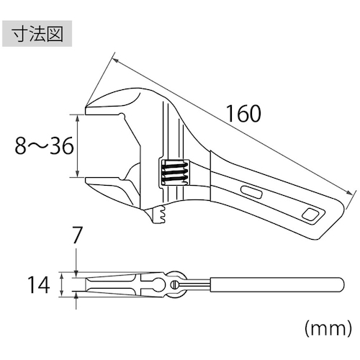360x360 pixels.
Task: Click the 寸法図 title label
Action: coord(37,34)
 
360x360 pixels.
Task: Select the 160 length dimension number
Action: coord(243,114)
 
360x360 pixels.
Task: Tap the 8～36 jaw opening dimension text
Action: coord(44,145)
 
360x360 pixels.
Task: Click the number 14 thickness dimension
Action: coord(39,284)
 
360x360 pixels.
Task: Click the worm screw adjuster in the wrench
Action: coord(174,172)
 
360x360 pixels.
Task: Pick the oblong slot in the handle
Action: coord(251,192)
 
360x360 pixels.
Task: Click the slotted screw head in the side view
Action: coord(175,284)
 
